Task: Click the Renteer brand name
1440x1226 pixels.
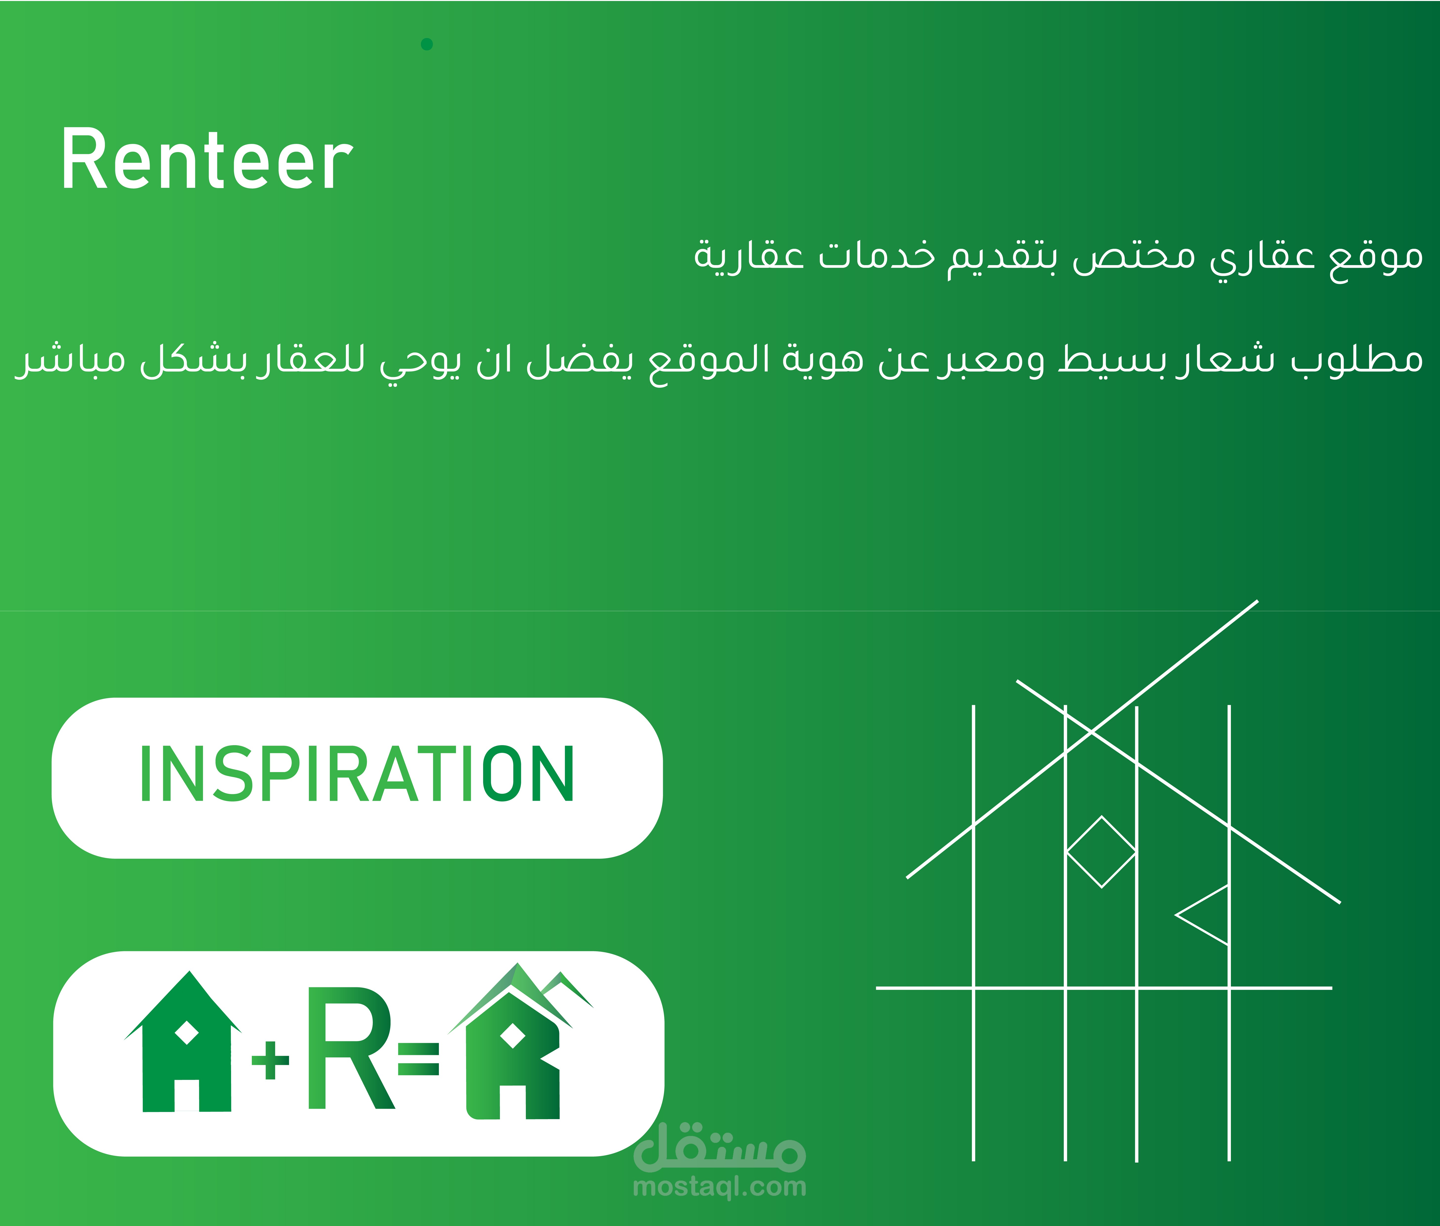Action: (x=206, y=160)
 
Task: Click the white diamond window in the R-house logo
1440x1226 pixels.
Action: (x=513, y=1035)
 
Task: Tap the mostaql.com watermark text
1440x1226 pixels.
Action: (x=719, y=1187)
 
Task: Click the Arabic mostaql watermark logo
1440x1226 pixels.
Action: (x=719, y=1145)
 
